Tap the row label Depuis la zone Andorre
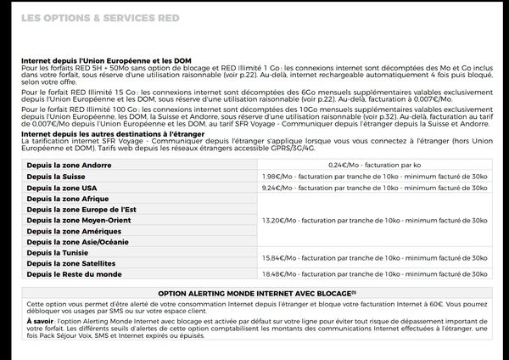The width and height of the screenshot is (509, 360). click(70, 164)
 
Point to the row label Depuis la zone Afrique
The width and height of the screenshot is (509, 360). click(67, 198)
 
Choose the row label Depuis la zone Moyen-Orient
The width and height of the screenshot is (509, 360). click(79, 220)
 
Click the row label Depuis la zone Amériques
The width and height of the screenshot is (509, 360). click(73, 231)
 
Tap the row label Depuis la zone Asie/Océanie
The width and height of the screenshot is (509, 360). click(78, 242)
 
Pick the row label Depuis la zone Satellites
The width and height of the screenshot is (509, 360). click(71, 263)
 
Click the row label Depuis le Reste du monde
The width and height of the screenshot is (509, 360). click(75, 274)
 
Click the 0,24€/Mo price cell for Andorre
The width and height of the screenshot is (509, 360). click(373, 164)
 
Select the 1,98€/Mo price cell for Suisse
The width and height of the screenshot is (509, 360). click(373, 175)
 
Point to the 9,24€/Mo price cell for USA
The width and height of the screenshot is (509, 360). click(373, 187)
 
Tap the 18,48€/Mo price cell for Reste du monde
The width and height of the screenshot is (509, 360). click(373, 274)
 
